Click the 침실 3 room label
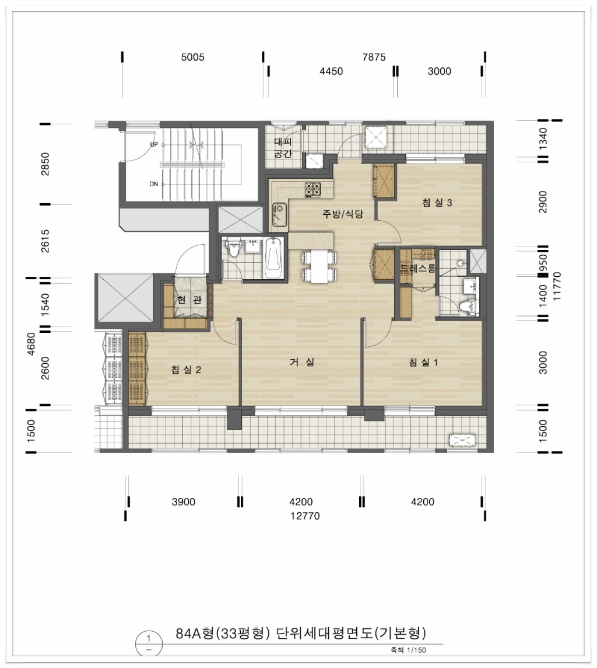[x=437, y=203]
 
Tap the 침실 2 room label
[x=186, y=370]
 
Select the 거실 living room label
[x=303, y=362]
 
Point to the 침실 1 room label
[x=423, y=362]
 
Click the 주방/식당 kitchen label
[x=343, y=214]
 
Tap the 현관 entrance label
[x=189, y=300]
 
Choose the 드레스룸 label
[x=418, y=269]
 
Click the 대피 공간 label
[x=283, y=147]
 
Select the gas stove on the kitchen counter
[x=312, y=190]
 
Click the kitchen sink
[x=279, y=214]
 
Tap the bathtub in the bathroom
[x=273, y=258]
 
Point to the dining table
[x=319, y=266]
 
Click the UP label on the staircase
[x=154, y=144]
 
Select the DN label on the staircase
[x=154, y=184]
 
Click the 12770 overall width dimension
[x=305, y=516]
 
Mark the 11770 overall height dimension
[x=557, y=286]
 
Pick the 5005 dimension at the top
[x=192, y=57]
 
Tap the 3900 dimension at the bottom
[x=184, y=502]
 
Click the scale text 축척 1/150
[x=408, y=650]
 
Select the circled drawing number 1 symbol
[x=149, y=643]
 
